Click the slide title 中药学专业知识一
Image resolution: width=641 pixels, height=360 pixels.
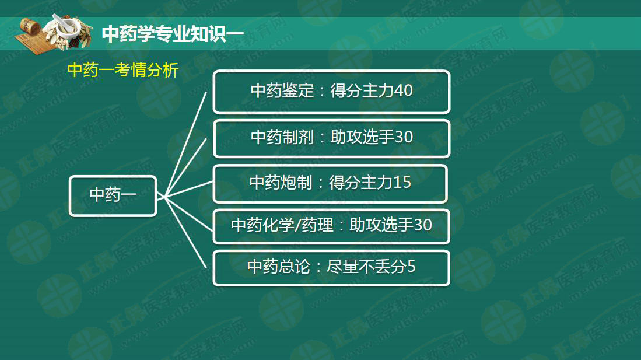point(173,33)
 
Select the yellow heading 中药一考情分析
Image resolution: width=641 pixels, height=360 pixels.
point(123,70)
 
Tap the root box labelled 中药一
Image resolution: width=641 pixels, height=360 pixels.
point(113,196)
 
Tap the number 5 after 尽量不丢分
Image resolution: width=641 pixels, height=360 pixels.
point(411,267)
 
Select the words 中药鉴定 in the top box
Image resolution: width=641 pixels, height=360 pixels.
point(282,91)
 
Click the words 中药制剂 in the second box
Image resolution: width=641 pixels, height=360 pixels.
point(282,137)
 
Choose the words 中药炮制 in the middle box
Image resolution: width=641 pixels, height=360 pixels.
point(281,183)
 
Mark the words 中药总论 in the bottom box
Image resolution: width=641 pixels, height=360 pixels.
point(279,267)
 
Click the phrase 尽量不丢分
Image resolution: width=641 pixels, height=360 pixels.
point(366,267)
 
